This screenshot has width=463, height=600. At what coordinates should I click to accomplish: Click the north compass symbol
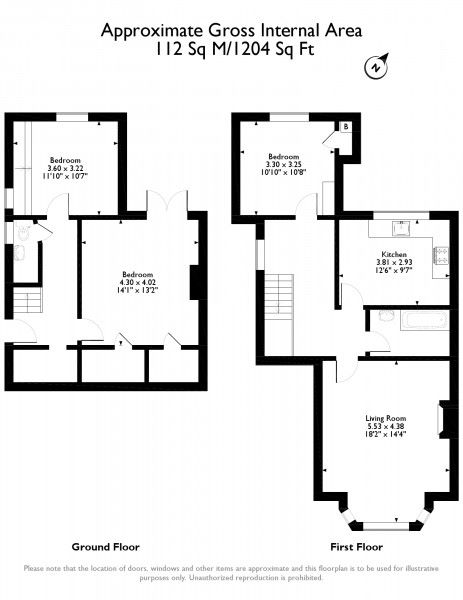pyautogui.click(x=375, y=68)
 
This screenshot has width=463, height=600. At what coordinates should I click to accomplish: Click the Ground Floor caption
pyautogui.click(x=105, y=547)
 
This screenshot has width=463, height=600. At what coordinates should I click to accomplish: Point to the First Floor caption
pyautogui.click(x=357, y=547)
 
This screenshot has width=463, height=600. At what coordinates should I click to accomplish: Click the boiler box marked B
pyautogui.click(x=345, y=127)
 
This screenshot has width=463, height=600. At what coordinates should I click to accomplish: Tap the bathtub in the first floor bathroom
pyautogui.click(x=411, y=320)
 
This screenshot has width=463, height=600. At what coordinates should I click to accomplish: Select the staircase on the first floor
pyautogui.click(x=279, y=313)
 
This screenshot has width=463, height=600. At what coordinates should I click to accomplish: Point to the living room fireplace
pyautogui.click(x=447, y=420)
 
